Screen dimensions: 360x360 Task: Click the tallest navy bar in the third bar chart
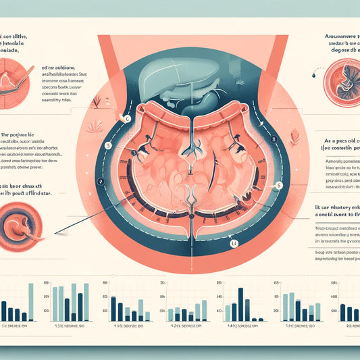(112, 307)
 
